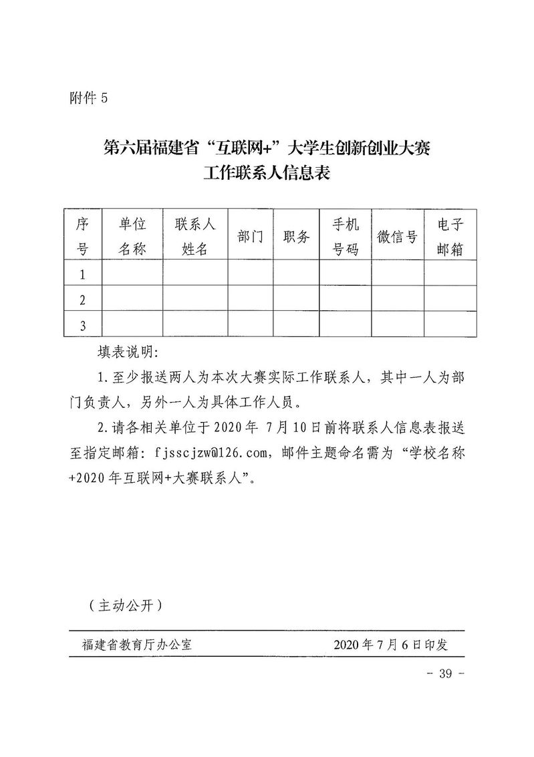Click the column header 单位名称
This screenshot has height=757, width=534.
[132, 236]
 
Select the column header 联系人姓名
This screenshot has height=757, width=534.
[194, 236]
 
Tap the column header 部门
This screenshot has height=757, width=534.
[250, 236]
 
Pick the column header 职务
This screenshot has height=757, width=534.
[296, 236]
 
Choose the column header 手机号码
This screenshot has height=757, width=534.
[346, 236]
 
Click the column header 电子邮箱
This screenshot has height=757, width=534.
[450, 236]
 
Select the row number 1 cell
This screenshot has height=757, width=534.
[83, 274]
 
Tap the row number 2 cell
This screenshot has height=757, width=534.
[83, 300]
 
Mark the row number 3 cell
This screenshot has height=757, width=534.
[83, 326]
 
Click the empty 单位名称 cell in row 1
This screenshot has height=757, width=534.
[132, 274]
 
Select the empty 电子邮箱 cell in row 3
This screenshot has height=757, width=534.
[450, 326]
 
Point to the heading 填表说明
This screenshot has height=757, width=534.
[126, 352]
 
